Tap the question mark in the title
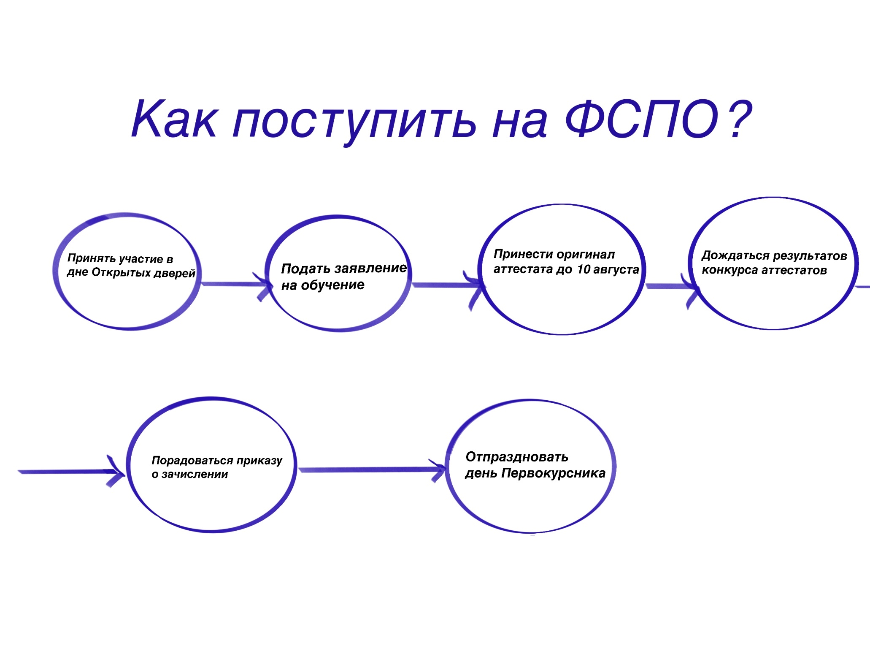tap(739, 119)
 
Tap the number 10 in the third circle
tap(583, 269)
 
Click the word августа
tap(616, 270)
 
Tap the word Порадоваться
tap(192, 461)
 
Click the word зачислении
tap(195, 475)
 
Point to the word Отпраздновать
tap(516, 457)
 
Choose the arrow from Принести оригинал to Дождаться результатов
tap(673, 287)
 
